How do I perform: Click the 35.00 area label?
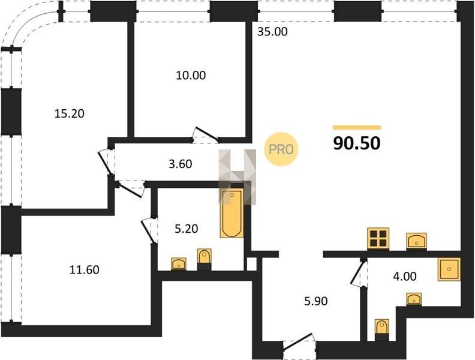point(272,32)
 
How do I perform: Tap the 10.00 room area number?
point(191,75)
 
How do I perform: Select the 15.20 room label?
point(70,113)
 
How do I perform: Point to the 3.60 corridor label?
point(181,164)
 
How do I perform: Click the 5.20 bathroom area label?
point(187,229)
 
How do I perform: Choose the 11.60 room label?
point(85,269)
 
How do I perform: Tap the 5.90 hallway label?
point(316,301)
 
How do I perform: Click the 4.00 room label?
point(405,276)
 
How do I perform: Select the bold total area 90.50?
point(357,143)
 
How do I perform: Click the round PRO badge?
point(281,149)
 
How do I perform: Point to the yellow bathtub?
point(232,214)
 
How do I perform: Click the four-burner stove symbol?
point(378,238)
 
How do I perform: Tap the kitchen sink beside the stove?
point(417,241)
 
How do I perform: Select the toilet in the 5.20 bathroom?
point(205,259)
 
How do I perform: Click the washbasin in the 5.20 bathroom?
point(179,263)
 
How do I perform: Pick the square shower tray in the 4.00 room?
point(449,269)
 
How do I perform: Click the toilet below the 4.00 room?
point(381,329)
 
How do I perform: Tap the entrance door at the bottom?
point(300,346)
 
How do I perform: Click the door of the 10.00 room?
point(206,135)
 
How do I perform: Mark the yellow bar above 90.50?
point(357,127)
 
